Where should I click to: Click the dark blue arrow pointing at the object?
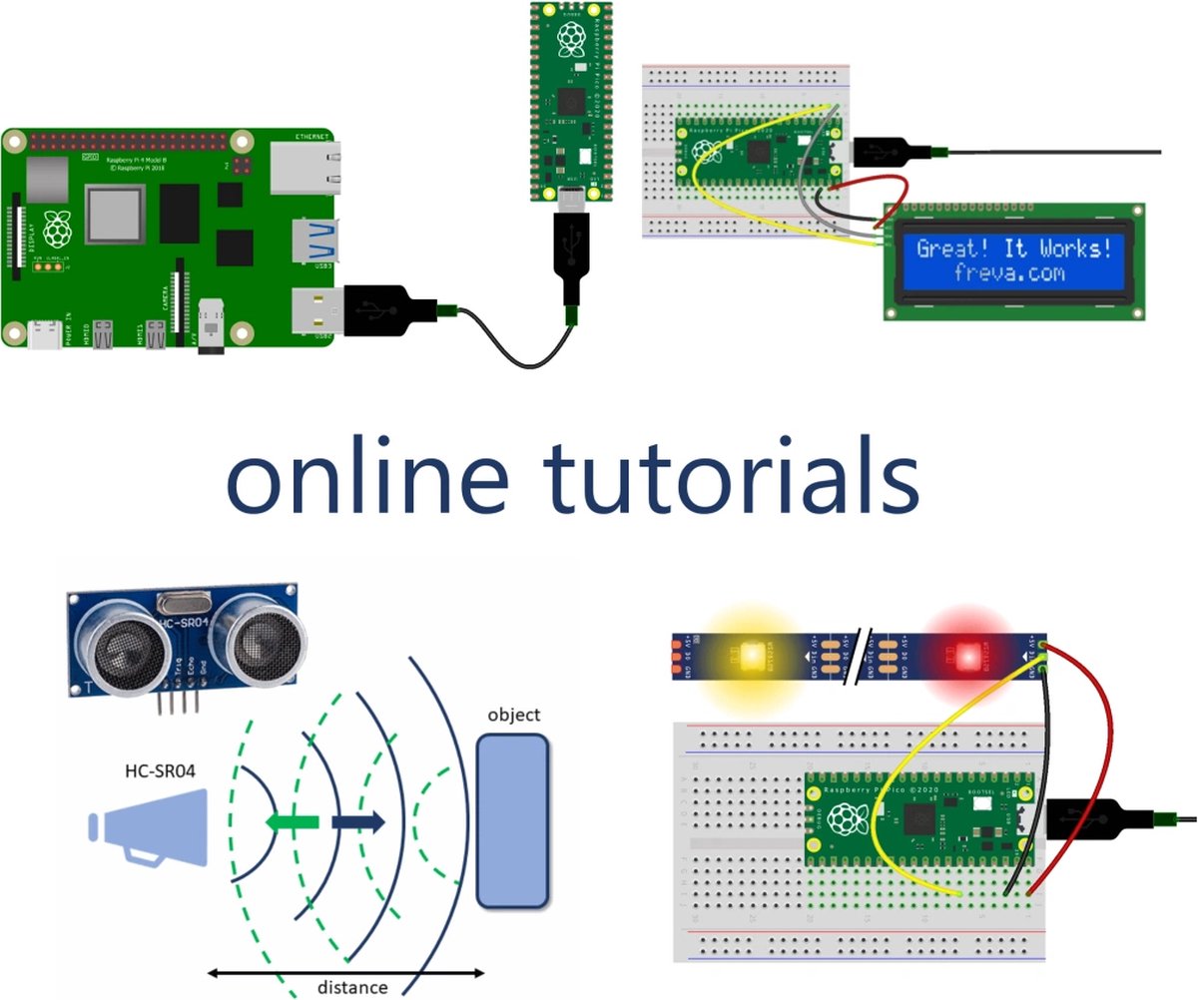358,822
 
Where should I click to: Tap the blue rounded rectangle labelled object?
513,821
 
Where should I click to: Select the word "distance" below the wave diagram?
352,987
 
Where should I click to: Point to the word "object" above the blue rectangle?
514,715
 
